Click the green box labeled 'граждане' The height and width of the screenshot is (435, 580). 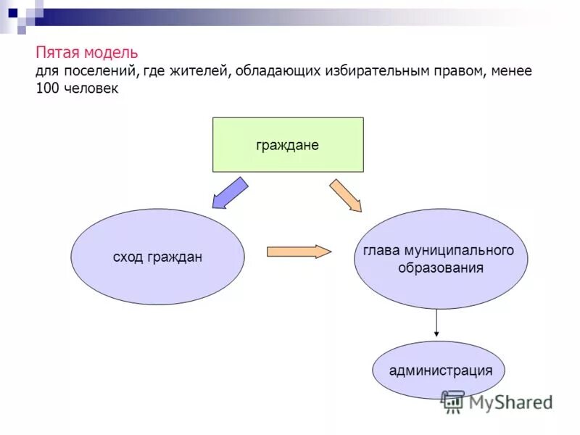[288, 145]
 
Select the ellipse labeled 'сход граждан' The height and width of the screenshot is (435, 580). [157, 257]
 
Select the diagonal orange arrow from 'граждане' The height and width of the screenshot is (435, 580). [345, 195]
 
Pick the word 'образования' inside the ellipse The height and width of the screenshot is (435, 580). [441, 268]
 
